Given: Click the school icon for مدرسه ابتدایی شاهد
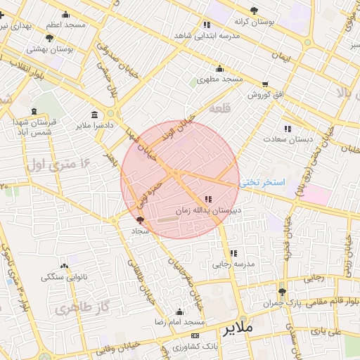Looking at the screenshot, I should tap(206, 25).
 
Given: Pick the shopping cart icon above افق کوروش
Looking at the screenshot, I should tap(265, 84).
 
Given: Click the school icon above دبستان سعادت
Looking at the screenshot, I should tap(287, 129).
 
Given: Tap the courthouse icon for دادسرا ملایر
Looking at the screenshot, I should tap(95, 115).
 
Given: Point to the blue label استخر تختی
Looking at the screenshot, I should tap(262, 182).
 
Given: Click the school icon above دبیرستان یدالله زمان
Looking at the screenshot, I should tap(208, 200).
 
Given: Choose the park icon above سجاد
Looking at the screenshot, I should tap(138, 220).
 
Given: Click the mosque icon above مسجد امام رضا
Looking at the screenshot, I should tap(179, 311).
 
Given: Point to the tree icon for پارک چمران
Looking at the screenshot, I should tap(283, 292).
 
